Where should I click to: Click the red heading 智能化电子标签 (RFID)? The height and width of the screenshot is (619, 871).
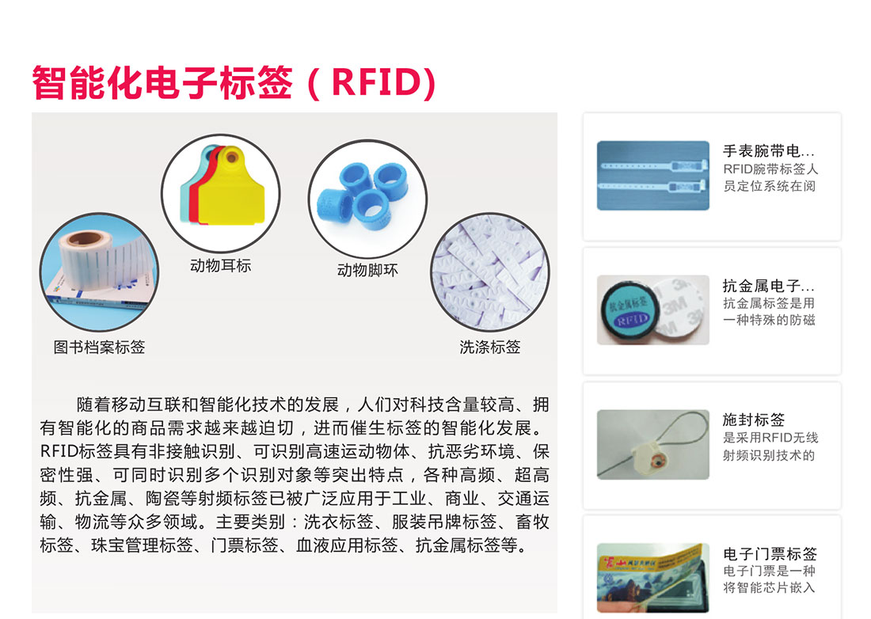pyautogui.click(x=234, y=82)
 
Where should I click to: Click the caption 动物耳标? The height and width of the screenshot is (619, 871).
pyautogui.click(x=221, y=265)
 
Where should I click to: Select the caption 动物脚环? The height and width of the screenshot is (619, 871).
pyautogui.click(x=367, y=270)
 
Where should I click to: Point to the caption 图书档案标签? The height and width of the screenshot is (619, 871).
pyautogui.click(x=99, y=347)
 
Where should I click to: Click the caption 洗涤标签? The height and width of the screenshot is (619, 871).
pyautogui.click(x=490, y=347)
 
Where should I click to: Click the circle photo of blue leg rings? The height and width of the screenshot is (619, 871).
pyautogui.click(x=367, y=198)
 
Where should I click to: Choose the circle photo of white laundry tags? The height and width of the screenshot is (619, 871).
pyautogui.click(x=490, y=272)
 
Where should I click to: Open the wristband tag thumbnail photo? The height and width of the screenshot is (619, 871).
pyautogui.click(x=653, y=176)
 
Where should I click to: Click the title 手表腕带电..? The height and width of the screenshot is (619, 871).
pyautogui.click(x=768, y=150)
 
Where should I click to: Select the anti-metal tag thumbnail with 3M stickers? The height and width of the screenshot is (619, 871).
pyautogui.click(x=653, y=309)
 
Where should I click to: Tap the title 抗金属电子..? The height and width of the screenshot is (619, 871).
pyautogui.click(x=768, y=285)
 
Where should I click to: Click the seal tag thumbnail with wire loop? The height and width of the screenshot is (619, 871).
pyautogui.click(x=653, y=444)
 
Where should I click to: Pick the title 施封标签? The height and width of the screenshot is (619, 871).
pyautogui.click(x=753, y=420)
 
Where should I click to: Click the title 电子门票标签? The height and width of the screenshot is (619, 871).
pyautogui.click(x=770, y=553)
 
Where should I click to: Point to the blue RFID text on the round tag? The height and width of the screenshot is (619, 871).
pyautogui.click(x=632, y=319)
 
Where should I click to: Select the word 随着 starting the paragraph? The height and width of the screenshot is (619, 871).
pyautogui.click(x=94, y=404)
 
